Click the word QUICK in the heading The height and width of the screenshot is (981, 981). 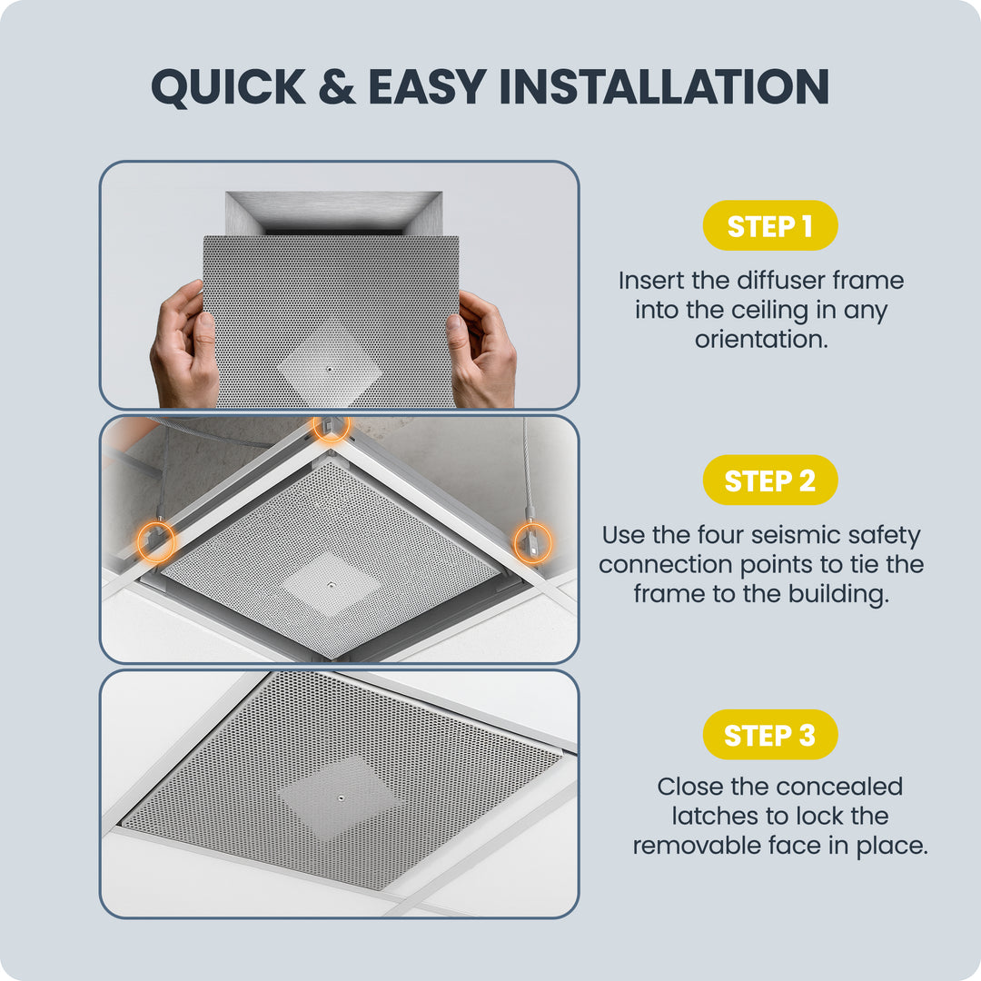(228, 87)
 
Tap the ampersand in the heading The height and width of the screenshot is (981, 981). (337, 86)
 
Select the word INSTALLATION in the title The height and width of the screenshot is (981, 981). (664, 86)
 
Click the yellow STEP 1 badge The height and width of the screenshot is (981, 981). (770, 225)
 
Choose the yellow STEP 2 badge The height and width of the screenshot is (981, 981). (770, 480)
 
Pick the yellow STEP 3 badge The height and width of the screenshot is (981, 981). (770, 735)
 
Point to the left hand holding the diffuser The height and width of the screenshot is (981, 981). (183, 347)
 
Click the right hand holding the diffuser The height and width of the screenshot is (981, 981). (481, 351)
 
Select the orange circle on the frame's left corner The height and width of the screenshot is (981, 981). (156, 541)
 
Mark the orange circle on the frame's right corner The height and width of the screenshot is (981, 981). (532, 542)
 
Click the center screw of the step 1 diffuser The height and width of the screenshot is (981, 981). (330, 370)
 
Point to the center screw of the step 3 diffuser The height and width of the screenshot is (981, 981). (341, 798)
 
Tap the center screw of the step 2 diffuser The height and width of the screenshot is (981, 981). (331, 586)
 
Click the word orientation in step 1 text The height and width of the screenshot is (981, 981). (761, 339)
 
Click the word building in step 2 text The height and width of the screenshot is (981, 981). (838, 594)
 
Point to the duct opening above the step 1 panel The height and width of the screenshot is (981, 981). (333, 213)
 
